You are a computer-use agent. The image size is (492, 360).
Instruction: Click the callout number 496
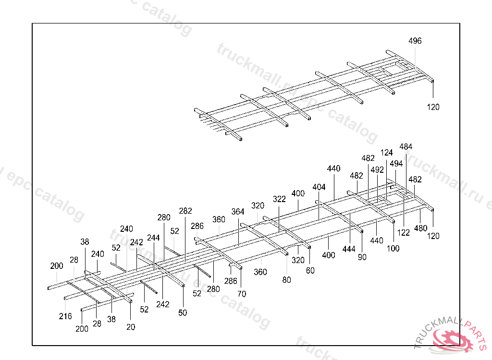click(x=415, y=41)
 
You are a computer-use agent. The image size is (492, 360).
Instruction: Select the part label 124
click(x=387, y=153)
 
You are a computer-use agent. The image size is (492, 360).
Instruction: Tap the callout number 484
click(x=406, y=147)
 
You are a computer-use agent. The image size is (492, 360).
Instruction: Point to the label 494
click(x=396, y=164)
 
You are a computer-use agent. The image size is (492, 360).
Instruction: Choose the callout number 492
click(x=377, y=169)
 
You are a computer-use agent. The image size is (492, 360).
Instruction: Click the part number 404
click(x=319, y=187)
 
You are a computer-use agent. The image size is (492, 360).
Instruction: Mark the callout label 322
click(x=279, y=199)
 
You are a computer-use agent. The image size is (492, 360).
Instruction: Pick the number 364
click(x=238, y=212)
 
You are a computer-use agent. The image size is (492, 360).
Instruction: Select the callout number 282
click(x=185, y=211)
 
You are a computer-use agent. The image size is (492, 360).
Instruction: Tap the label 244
click(x=154, y=238)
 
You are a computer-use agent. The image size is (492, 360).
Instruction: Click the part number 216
click(x=65, y=316)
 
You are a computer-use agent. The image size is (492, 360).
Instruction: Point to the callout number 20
click(x=131, y=327)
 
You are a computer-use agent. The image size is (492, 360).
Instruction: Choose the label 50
click(x=183, y=313)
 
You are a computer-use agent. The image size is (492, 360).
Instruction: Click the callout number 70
click(x=242, y=294)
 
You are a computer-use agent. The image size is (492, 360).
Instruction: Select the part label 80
click(x=287, y=280)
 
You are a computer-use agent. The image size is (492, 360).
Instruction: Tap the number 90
click(x=362, y=257)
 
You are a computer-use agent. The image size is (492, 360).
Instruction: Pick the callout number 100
click(x=393, y=249)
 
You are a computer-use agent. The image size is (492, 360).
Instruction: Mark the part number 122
click(x=404, y=233)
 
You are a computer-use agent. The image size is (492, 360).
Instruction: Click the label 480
click(x=420, y=228)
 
